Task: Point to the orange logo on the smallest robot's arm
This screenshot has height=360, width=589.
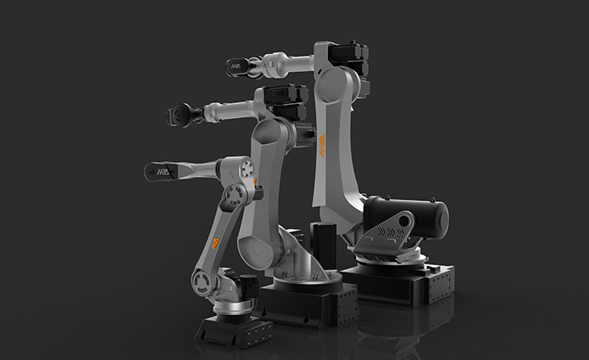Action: pos(215,245)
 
